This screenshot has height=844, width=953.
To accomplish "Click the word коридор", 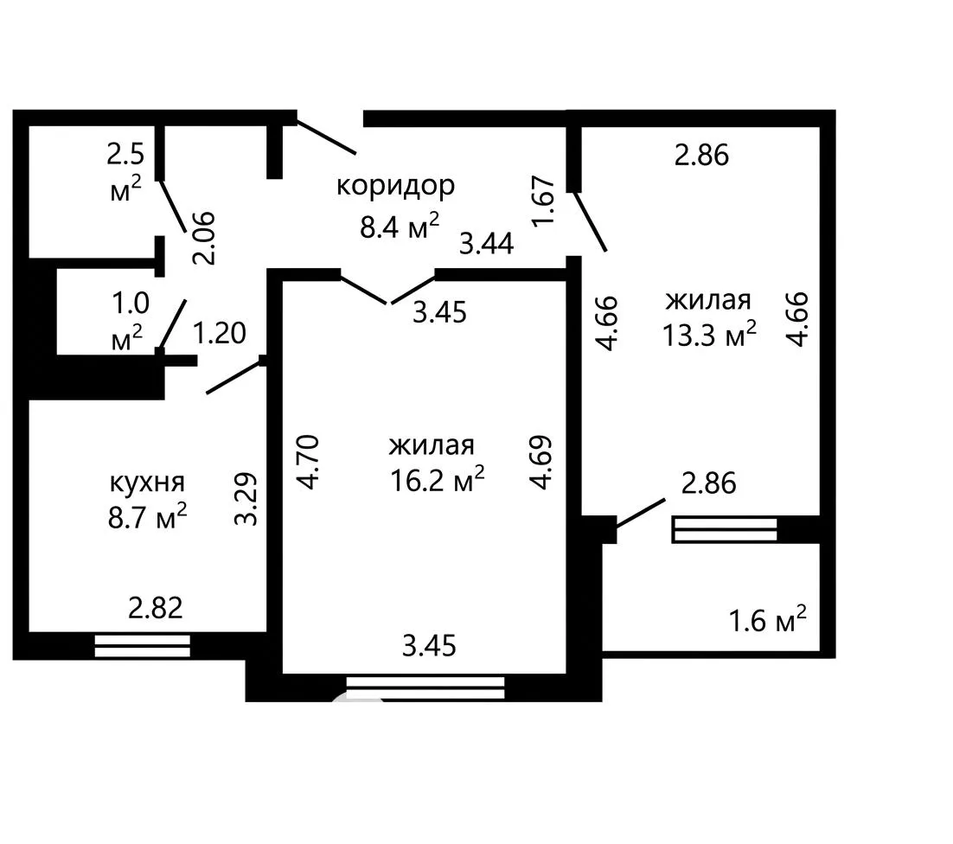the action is click(x=396, y=186).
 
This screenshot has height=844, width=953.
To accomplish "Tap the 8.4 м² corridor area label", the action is click(x=399, y=226).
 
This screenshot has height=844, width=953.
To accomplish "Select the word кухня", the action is click(x=147, y=483).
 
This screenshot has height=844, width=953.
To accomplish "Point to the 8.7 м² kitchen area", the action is click(x=147, y=517).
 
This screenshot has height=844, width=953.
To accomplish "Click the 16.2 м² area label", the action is click(x=437, y=479).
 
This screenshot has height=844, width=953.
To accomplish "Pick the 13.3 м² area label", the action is click(x=709, y=334).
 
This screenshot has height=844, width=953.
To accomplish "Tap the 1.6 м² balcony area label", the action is click(x=767, y=620).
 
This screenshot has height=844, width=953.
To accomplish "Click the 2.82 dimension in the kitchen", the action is click(x=155, y=608).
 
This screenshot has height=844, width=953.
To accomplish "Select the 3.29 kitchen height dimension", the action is click(x=246, y=499).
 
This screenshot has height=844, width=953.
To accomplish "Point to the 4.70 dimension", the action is click(x=308, y=462).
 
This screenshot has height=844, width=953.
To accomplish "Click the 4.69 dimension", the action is click(x=540, y=462).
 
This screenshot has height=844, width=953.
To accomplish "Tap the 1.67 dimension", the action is click(x=543, y=201).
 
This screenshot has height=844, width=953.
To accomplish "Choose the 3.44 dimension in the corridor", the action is click(x=486, y=244).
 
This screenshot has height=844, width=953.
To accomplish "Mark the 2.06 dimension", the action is click(x=203, y=238).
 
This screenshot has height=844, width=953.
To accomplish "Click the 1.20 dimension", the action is click(x=220, y=333).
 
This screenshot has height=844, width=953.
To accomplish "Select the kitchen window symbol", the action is click(x=142, y=646).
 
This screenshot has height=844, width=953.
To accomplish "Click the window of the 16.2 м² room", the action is click(x=425, y=687).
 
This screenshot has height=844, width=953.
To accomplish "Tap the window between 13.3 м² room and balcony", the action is click(x=725, y=529).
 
